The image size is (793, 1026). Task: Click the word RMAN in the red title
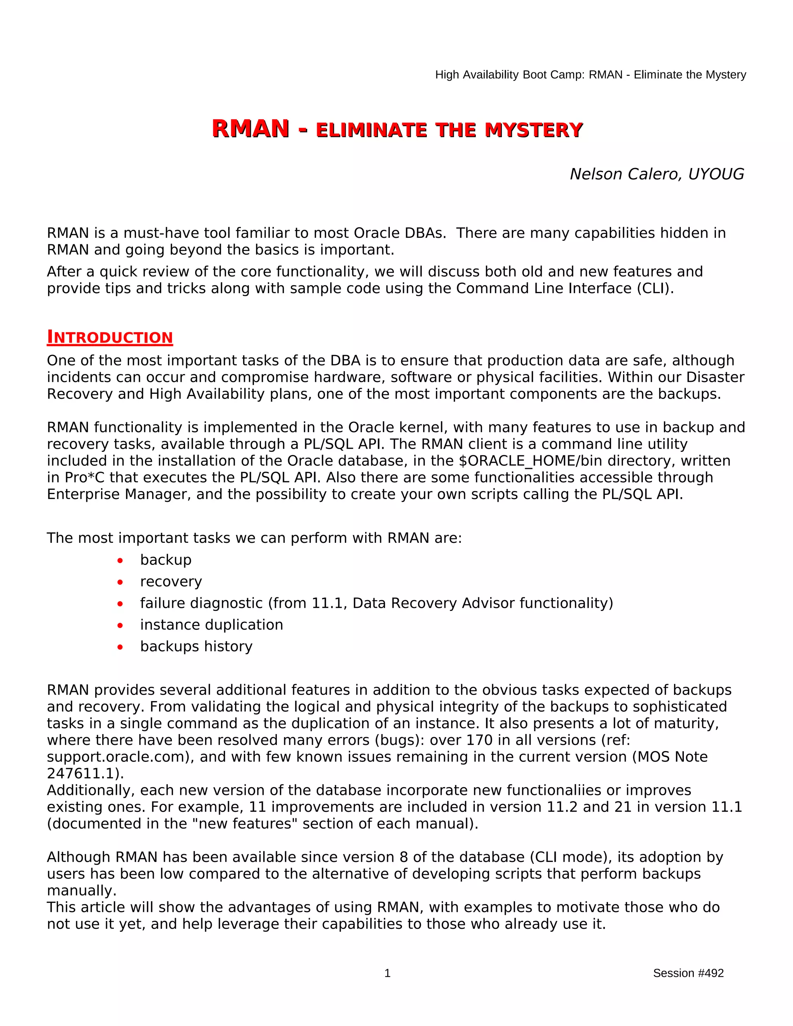251,129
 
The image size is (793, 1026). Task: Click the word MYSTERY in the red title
534,130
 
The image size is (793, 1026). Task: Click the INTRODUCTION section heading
110,337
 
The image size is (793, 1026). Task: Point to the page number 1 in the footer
388,973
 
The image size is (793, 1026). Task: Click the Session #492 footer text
688,973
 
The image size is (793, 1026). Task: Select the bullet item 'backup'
166,560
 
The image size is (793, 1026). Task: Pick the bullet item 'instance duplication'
211,625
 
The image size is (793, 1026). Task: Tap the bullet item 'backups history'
196,647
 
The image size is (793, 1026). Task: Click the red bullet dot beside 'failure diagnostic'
120,604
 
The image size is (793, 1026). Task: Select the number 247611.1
82,774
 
